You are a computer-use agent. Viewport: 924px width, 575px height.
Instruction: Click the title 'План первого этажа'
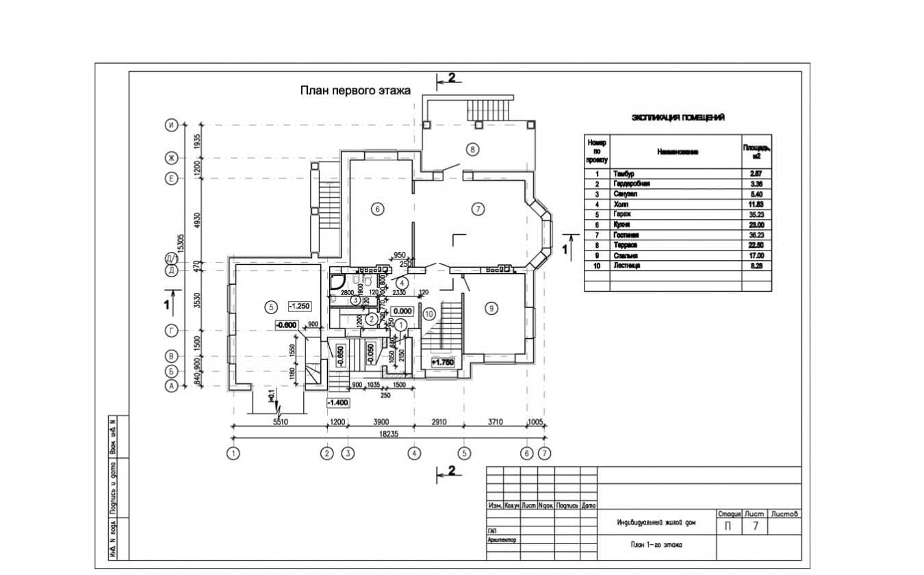point(354,90)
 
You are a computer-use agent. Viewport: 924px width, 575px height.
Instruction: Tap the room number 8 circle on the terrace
point(472,148)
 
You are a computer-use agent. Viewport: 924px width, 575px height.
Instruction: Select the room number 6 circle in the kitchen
point(376,209)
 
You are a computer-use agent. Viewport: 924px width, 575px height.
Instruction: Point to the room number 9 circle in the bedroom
point(490,309)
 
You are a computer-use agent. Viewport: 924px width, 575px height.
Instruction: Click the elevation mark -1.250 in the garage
point(300,307)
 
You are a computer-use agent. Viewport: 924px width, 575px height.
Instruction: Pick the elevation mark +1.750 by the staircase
point(443,362)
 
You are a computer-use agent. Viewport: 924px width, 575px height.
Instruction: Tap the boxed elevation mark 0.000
point(402,310)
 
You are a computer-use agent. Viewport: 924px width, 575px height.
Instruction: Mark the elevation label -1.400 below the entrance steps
point(338,402)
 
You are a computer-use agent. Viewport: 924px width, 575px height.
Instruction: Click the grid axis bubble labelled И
point(171,125)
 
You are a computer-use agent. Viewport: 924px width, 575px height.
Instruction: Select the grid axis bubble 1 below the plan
point(234,452)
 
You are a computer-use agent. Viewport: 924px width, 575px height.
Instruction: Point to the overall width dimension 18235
point(388,434)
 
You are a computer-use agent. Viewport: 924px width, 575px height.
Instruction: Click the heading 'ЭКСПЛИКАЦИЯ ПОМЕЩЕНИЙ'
point(678,118)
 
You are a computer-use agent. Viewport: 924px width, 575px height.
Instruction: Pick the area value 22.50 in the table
point(756,245)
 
